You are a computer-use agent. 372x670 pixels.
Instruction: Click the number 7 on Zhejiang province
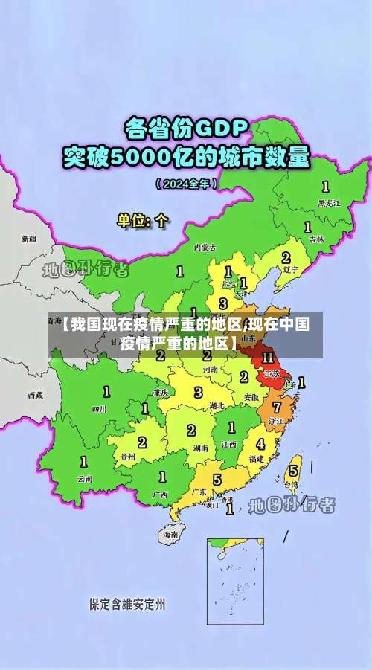pos(277,408)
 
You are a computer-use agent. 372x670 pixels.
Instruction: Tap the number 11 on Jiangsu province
pos(268,358)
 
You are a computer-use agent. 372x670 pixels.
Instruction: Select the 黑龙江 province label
pos(328,202)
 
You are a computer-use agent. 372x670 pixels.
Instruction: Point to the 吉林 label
pos(317,239)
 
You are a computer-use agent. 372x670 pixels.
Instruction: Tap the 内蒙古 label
pos(205,247)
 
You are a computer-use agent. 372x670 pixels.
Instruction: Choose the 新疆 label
pos(28,239)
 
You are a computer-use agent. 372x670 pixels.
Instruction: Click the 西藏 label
pos(35,394)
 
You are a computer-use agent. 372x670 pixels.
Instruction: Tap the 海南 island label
pos(170,534)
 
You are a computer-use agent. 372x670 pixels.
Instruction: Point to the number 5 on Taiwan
pos(293,470)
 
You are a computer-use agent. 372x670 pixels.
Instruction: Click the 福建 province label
pos(257,459)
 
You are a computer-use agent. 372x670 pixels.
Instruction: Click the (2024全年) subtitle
pos(186,184)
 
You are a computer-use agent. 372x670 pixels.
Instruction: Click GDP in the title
pos(220,128)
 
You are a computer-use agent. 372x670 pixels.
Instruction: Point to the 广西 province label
pos(160,494)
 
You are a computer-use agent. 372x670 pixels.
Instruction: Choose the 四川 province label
pos(99,408)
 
